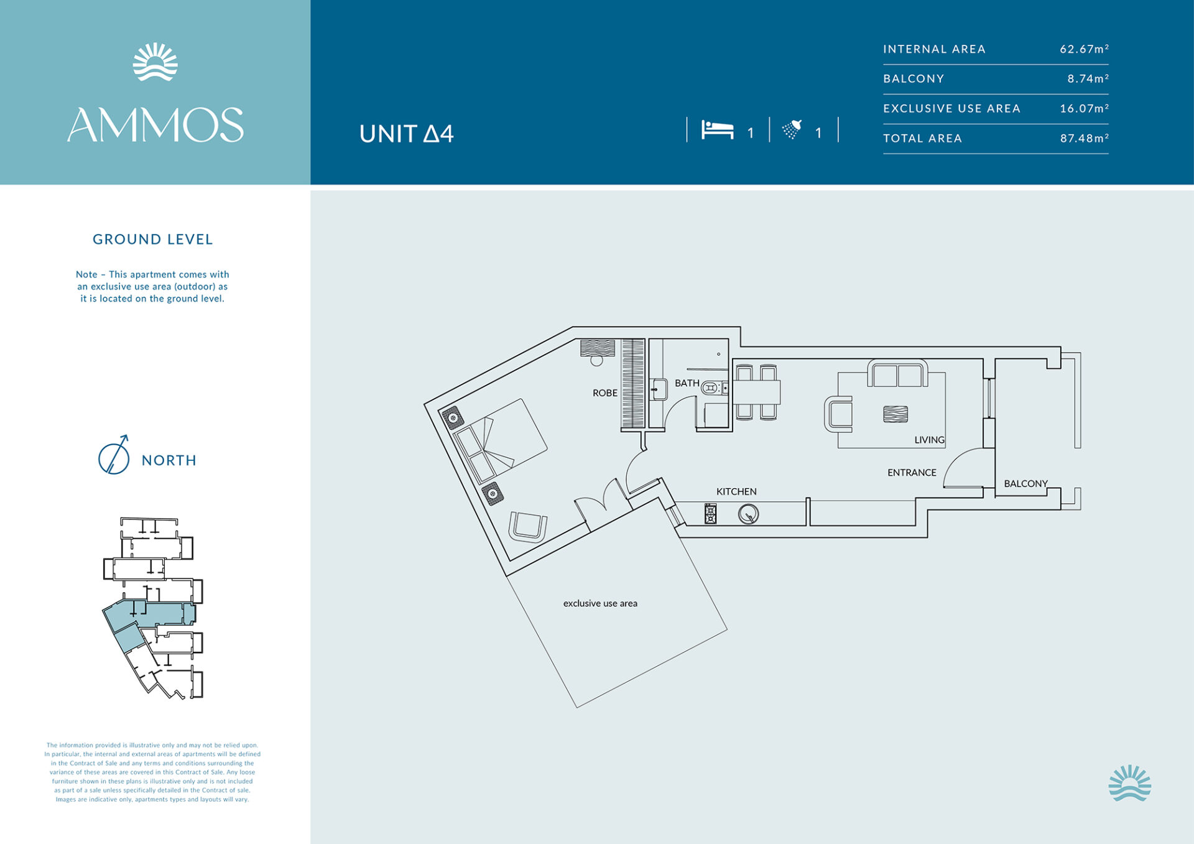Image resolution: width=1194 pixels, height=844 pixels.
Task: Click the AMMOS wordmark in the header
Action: pos(155,125)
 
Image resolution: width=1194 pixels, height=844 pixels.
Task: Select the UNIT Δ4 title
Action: pos(407,134)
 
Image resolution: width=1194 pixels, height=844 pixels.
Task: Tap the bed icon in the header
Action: pos(718,129)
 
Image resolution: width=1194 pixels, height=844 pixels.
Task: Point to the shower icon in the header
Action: pos(792,129)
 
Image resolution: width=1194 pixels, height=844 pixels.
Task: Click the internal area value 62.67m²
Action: pos(1085,49)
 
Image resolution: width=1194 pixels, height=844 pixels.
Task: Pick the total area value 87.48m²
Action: pos(1085,138)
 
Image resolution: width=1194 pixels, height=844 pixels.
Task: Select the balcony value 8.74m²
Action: pos(1088,78)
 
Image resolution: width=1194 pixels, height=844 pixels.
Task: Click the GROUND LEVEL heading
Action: pos(153,239)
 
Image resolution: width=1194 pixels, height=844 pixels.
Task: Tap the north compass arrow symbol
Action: pos(114,455)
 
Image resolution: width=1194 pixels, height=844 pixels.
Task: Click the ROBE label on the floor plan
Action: pos(605,393)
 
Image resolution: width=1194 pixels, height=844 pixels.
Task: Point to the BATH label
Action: pos(687,383)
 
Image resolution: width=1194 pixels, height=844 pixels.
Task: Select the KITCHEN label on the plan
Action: pos(736,491)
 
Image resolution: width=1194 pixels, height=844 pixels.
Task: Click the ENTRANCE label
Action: pos(912,473)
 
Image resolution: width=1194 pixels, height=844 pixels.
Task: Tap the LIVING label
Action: pos(930,440)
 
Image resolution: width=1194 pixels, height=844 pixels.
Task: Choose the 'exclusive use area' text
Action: pos(600,603)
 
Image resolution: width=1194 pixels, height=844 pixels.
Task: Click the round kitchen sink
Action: pos(748,514)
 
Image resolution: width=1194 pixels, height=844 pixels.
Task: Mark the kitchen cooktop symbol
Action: pos(710,514)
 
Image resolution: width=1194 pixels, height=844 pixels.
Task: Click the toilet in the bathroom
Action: pos(711,388)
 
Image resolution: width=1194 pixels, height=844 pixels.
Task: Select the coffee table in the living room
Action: pos(895,414)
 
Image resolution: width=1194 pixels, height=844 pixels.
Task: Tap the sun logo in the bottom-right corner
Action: pos(1129,783)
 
